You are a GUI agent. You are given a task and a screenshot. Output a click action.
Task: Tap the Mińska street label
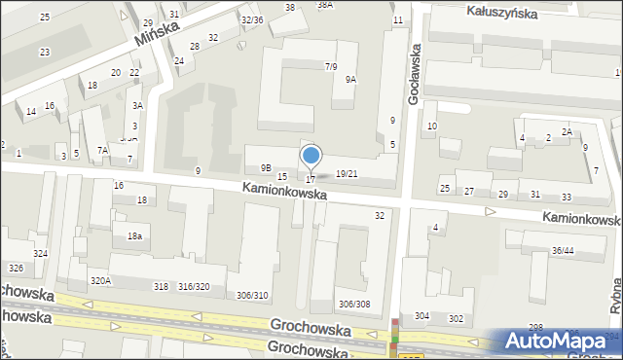pyautogui.click(x=156, y=36)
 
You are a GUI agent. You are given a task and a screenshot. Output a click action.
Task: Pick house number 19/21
pyautogui.click(x=346, y=173)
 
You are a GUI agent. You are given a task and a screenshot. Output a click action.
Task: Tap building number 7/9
pyautogui.click(x=331, y=66)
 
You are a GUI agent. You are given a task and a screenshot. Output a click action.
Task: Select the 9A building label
pyautogui.click(x=349, y=80)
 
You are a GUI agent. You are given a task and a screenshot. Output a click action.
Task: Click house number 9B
pyautogui.click(x=266, y=167)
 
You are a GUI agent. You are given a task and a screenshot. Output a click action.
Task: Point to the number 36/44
pyautogui.click(x=563, y=251)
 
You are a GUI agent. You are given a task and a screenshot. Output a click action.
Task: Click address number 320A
pyautogui.click(x=101, y=280)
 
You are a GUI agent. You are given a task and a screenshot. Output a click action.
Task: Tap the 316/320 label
pyautogui.click(x=194, y=286)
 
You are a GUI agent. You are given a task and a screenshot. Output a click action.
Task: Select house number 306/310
pyautogui.click(x=252, y=295)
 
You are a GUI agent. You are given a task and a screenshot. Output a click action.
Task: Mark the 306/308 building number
pyautogui.click(x=353, y=304)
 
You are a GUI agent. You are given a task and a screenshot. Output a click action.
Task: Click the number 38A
pyautogui.click(x=325, y=5)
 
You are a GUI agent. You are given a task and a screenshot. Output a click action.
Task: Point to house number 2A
pyautogui.click(x=567, y=131)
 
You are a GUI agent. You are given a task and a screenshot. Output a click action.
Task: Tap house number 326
pyautogui.click(x=15, y=268)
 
